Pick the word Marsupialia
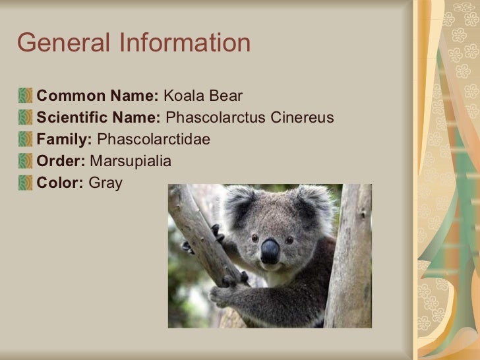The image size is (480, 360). (x=130, y=162)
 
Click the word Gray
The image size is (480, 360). (x=105, y=183)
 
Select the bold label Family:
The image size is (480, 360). (x=65, y=140)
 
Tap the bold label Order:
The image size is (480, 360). (x=61, y=162)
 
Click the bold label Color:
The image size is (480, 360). (x=60, y=183)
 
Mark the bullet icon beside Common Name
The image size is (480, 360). (x=26, y=97)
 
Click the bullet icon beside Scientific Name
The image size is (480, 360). (x=26, y=119)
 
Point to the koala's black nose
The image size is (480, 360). (x=270, y=251)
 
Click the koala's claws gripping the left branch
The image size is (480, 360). (x=216, y=233)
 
